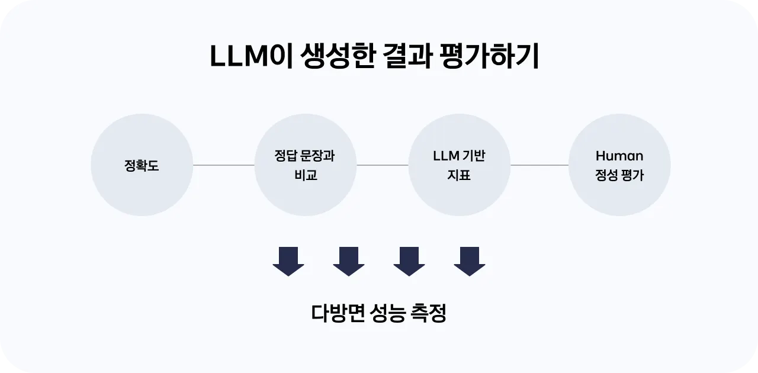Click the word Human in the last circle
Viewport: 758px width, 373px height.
click(x=619, y=156)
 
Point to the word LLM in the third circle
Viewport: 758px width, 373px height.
click(x=446, y=156)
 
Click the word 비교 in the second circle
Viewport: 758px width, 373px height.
click(x=306, y=176)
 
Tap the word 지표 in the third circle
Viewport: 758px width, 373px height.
click(x=459, y=176)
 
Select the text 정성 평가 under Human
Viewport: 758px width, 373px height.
click(x=619, y=176)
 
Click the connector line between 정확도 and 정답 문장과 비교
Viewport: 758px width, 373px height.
click(x=223, y=165)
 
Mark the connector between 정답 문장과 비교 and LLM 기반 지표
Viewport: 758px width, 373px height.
click(x=382, y=165)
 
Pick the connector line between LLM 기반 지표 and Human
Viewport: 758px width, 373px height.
click(x=539, y=165)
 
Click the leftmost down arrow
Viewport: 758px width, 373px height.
click(x=288, y=261)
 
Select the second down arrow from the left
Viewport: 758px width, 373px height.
click(x=349, y=261)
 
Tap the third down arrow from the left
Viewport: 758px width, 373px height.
click(x=409, y=261)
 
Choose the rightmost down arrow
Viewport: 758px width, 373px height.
click(x=470, y=261)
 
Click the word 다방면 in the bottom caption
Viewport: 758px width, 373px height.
click(x=336, y=313)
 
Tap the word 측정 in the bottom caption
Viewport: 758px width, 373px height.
click(x=428, y=313)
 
